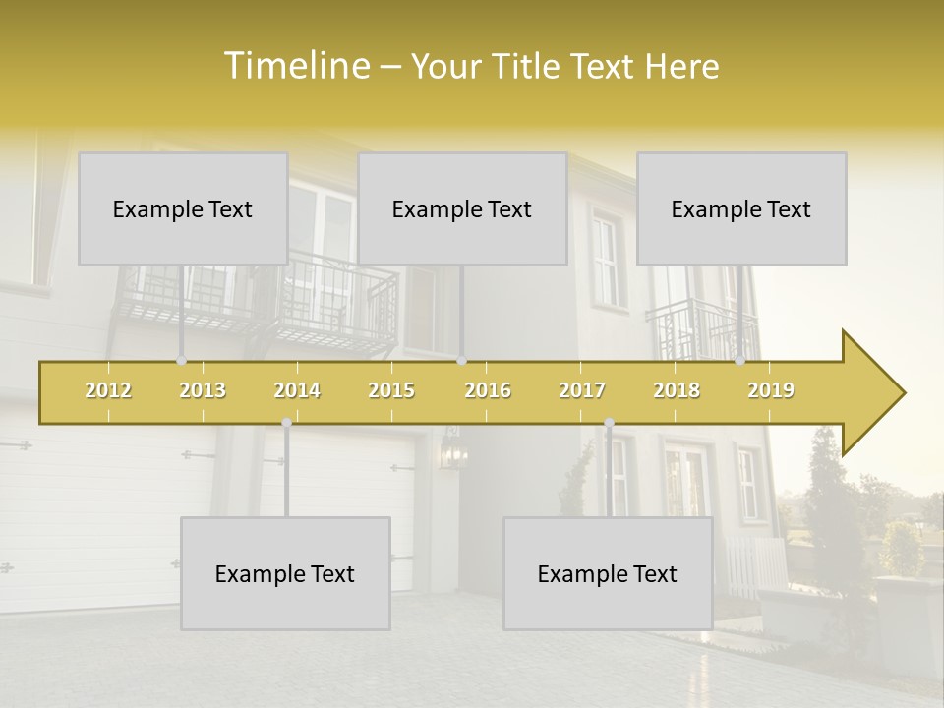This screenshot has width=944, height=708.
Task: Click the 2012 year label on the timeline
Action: (108, 390)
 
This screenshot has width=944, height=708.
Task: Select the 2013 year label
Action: (203, 390)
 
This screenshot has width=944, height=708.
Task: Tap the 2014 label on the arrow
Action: (297, 390)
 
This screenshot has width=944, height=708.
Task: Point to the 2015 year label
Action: (391, 390)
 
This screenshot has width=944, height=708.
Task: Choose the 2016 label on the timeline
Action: (488, 390)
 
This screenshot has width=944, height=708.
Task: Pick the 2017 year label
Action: (582, 390)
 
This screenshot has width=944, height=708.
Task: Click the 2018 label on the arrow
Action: (677, 390)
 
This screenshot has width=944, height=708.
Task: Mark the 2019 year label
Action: (771, 390)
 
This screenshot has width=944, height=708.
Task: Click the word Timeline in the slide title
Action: (295, 66)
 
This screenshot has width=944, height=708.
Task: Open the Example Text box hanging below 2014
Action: (285, 573)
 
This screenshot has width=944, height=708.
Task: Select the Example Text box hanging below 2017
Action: (608, 573)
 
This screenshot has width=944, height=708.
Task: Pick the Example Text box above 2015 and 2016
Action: (462, 208)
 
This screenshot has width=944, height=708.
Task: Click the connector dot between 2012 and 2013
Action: (181, 361)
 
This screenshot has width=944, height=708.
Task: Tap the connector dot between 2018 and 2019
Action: (739, 361)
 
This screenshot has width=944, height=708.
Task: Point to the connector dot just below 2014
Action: (286, 423)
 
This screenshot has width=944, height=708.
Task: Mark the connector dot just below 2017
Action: (609, 423)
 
